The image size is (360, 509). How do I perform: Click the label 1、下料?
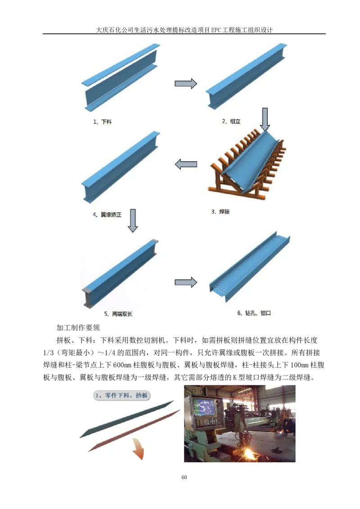pyautogui.click(x=102, y=121)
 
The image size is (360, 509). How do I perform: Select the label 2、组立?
pyautogui.click(x=231, y=121)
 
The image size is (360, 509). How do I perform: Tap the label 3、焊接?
pyautogui.click(x=220, y=211)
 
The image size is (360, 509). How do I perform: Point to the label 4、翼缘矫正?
pyautogui.click(x=107, y=215)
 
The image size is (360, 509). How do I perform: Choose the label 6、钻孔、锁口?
pyautogui.click(x=254, y=313)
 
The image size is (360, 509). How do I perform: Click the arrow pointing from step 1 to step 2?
pyautogui.click(x=186, y=83)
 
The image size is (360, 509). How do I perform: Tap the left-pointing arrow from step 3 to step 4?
pyautogui.click(x=186, y=165)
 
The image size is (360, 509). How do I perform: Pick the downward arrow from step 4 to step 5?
pyautogui.click(x=132, y=220)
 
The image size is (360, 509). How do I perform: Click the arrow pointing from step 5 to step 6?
pyautogui.click(x=186, y=282)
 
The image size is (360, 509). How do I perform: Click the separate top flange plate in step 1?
pyautogui.click(x=121, y=64)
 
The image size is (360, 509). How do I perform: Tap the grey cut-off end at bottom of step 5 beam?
pyautogui.click(x=87, y=298)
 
